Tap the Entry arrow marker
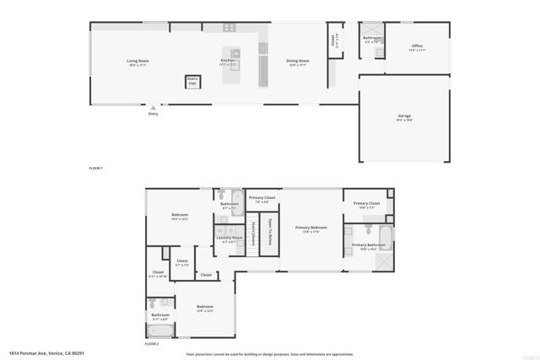click(153, 108)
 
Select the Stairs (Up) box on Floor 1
click(192, 82)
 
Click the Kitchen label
click(228, 61)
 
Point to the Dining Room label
click(298, 61)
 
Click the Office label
click(417, 47)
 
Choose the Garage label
click(404, 116)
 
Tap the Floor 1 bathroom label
click(372, 39)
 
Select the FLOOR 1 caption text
click(95, 169)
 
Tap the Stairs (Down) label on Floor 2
click(253, 233)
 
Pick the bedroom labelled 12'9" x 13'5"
click(204, 308)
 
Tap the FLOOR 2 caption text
click(152, 344)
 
